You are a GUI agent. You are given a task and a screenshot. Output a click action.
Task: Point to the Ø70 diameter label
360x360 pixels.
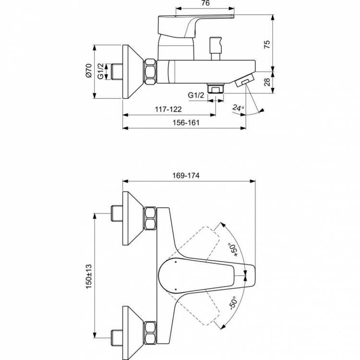[88, 71]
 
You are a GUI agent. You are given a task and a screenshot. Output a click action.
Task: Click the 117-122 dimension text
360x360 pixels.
[168, 109]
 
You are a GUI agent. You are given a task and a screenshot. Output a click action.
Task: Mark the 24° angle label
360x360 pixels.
[238, 108]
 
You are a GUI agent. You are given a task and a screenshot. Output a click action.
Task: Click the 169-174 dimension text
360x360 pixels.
[188, 176]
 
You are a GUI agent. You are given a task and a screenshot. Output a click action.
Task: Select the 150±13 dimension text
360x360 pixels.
[88, 277]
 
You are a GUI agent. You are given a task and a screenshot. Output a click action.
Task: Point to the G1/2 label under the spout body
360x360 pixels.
[196, 96]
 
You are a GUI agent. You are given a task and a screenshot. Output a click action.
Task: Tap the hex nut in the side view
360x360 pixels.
[150, 72]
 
